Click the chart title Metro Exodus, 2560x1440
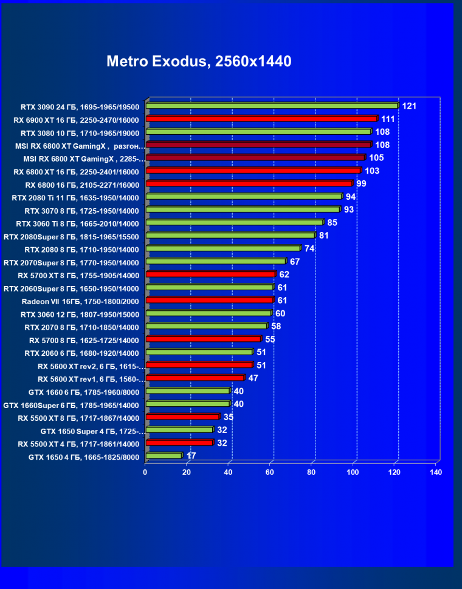199,61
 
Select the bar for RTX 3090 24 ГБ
272,106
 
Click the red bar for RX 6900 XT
261,119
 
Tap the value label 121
409,106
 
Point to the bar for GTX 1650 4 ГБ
164,455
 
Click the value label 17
191,455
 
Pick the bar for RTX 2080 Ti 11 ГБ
244,197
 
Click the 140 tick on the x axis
435,472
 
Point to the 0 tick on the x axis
145,472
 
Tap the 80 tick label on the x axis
311,472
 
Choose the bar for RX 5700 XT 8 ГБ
210,274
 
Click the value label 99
361,184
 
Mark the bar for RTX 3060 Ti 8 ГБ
235,223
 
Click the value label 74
309,249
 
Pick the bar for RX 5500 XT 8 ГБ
182,417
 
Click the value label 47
253,378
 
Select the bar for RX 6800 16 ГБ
249,183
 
